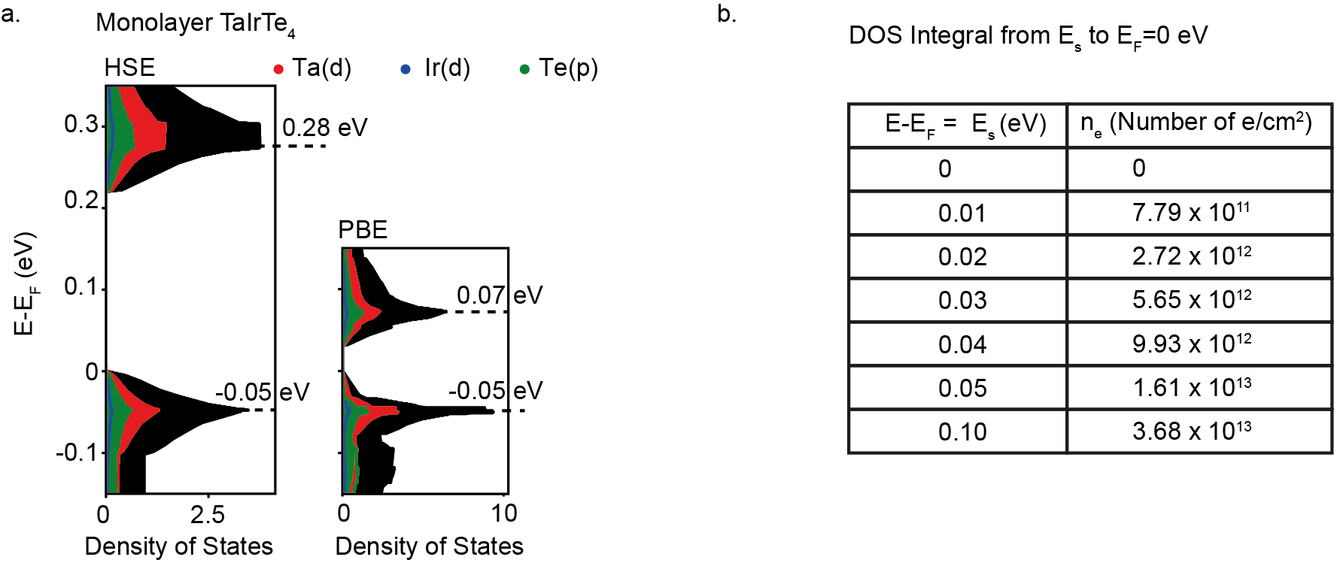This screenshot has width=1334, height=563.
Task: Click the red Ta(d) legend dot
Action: pyautogui.click(x=278, y=69)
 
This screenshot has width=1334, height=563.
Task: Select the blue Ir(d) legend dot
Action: pyautogui.click(x=406, y=69)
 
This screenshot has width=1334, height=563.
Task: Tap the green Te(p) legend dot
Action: pyautogui.click(x=524, y=69)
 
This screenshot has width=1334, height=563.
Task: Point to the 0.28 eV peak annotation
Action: pyautogui.click(x=324, y=128)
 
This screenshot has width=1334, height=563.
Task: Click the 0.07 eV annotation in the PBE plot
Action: pyautogui.click(x=499, y=295)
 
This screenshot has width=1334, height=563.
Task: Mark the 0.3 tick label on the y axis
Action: pyautogui.click(x=81, y=124)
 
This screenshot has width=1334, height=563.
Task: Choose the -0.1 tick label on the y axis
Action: pyautogui.click(x=77, y=453)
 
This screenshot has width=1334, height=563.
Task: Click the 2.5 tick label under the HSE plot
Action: pyautogui.click(x=207, y=514)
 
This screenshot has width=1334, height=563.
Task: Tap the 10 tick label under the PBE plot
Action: pyautogui.click(x=503, y=514)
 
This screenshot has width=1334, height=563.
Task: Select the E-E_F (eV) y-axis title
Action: pyautogui.click(x=24, y=283)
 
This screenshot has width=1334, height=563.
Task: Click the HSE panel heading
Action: pyautogui.click(x=129, y=68)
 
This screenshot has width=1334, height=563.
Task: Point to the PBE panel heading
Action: pyautogui.click(x=363, y=229)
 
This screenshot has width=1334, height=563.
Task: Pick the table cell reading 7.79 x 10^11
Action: pyautogui.click(x=1191, y=213)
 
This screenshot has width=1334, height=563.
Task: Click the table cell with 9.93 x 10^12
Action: pyautogui.click(x=1191, y=344)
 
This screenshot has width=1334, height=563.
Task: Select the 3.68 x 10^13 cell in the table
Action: pyautogui.click(x=1191, y=431)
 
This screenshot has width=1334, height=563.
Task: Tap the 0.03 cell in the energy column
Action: pyautogui.click(x=962, y=301)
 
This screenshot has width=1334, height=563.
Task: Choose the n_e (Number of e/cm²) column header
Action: pyautogui.click(x=1196, y=123)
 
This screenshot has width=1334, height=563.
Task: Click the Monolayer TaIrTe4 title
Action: pyautogui.click(x=196, y=23)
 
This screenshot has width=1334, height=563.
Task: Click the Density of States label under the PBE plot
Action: pyautogui.click(x=429, y=546)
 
